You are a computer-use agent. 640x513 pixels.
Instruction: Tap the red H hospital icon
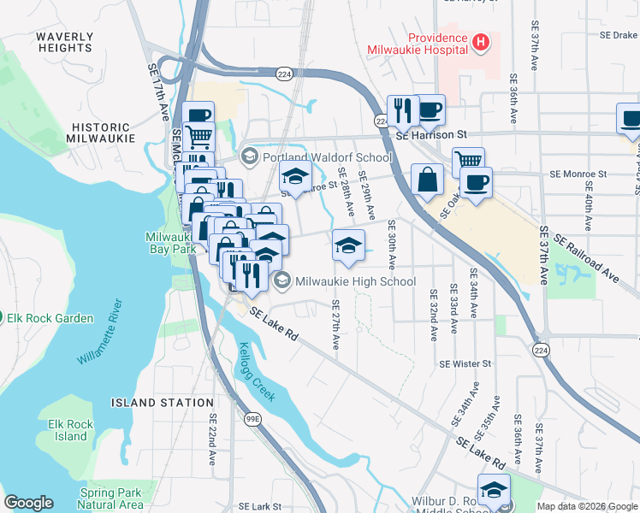tap(481, 39)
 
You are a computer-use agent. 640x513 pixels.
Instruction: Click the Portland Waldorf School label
tap(327, 156)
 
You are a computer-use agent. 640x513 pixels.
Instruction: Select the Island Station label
tap(162, 402)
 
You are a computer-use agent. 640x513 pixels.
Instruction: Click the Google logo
tap(28, 503)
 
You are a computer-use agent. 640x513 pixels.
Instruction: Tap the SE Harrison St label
tap(431, 135)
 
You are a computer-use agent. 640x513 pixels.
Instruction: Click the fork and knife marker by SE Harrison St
tap(401, 109)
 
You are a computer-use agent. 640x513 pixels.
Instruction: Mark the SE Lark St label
tap(255, 506)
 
